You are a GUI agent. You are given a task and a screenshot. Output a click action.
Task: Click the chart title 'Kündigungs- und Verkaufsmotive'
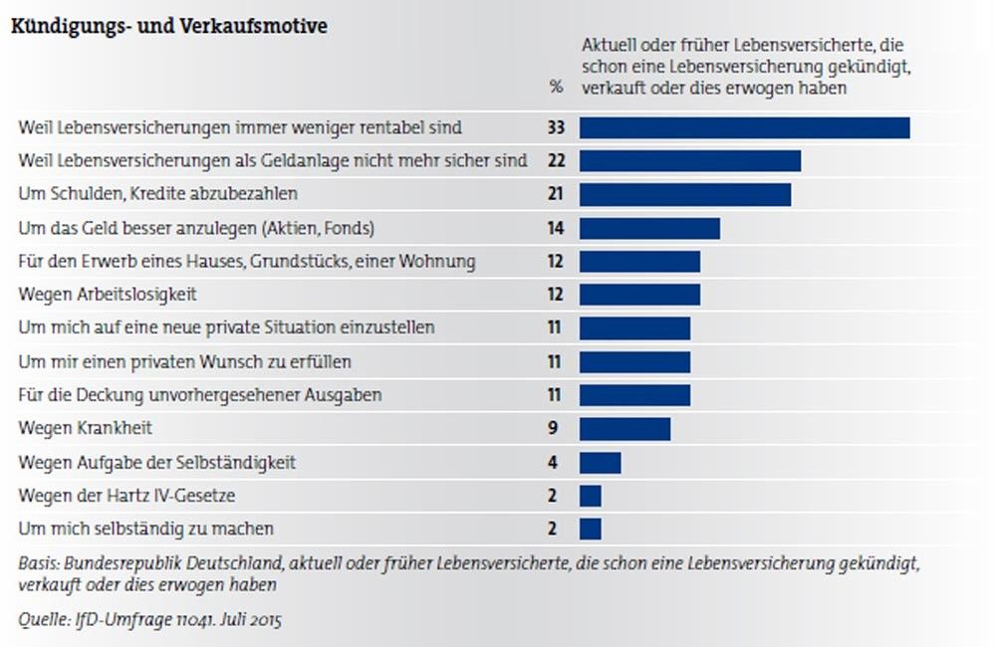tap(168, 27)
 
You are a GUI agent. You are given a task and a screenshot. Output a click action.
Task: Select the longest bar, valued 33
tap(744, 127)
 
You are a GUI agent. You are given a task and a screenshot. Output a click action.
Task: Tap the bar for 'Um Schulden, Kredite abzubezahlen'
tap(684, 194)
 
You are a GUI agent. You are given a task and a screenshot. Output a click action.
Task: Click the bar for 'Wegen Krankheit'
tap(624, 428)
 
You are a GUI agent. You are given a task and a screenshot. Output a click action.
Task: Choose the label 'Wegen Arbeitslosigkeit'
tap(109, 295)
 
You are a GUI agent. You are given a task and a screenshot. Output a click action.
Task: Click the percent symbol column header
tap(555, 87)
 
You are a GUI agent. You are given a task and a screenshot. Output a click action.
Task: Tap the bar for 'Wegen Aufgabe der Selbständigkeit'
tap(600, 462)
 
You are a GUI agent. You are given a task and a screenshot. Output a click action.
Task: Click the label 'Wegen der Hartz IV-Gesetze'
tap(127, 495)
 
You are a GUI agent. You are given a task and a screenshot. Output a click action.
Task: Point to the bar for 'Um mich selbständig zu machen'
tap(590, 529)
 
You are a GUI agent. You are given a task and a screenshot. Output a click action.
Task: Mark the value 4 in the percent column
tap(555, 462)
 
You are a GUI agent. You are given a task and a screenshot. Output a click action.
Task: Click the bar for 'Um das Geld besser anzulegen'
tap(649, 228)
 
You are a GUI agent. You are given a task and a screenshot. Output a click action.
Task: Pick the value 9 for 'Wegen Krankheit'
tap(555, 428)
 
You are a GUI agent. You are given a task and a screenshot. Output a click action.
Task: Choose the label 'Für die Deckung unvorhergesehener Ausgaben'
tap(200, 395)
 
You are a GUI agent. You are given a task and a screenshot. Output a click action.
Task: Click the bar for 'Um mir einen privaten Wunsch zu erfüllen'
tap(634, 361)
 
